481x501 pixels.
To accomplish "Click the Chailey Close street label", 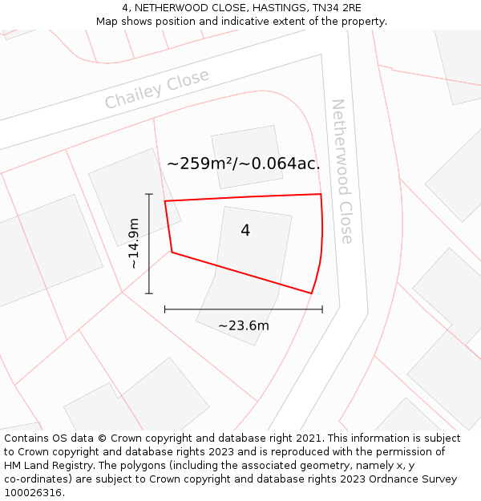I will [x=157, y=89].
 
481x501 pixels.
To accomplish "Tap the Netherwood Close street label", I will [x=342, y=171].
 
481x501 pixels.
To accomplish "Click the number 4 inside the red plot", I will [x=245, y=231].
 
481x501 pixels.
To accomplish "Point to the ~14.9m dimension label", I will [x=134, y=244].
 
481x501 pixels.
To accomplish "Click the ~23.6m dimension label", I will [x=244, y=325].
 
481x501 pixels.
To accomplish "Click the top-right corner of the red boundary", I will [x=321, y=194].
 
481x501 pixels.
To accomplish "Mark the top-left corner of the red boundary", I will [x=165, y=201].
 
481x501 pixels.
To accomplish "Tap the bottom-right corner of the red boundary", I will [x=311, y=293].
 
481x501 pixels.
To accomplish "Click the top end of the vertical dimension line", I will [x=149, y=194].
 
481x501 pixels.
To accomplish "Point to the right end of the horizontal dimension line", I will [x=322, y=309].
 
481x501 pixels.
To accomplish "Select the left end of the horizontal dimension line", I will [x=165, y=309].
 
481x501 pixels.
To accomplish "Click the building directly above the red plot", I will [x=247, y=156].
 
